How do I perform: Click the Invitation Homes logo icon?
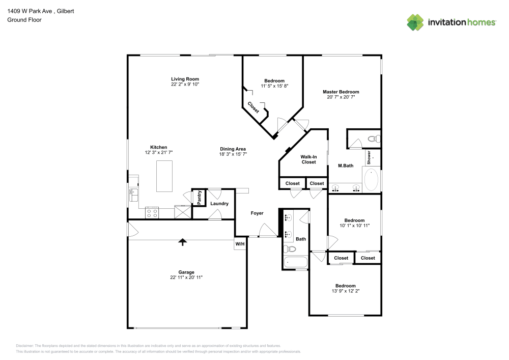click(x=415, y=22)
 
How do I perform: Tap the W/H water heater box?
click(x=240, y=244)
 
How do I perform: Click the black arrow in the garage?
click(x=182, y=242)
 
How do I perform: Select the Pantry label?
click(x=199, y=198)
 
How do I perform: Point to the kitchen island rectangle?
click(x=164, y=176)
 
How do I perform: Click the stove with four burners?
click(x=152, y=212)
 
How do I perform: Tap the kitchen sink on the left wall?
click(x=133, y=192)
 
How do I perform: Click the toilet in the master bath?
click(x=374, y=139)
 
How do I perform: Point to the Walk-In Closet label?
click(x=308, y=159)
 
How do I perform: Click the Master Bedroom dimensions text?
click(x=341, y=97)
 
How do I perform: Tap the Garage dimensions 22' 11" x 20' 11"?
click(x=186, y=278)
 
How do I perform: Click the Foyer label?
click(x=257, y=213)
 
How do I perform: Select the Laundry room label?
click(x=219, y=204)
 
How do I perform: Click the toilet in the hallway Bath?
click(x=290, y=249)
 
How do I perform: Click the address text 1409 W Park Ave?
click(x=31, y=11)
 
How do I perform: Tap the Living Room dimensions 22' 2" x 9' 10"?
click(x=185, y=84)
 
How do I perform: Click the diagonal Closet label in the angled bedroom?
click(x=253, y=107)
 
